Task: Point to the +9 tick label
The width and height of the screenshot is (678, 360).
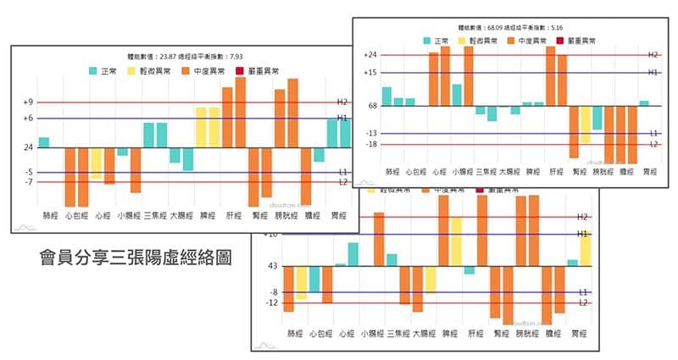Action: [x=28, y=102]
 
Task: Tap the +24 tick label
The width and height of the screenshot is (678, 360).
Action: [x=370, y=55]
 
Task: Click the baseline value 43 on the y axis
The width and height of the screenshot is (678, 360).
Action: [x=272, y=266]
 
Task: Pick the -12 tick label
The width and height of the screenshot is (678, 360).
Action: [x=272, y=302]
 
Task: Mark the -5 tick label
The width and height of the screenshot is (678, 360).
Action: [x=29, y=172]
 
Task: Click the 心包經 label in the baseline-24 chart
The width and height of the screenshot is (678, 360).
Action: [x=76, y=215]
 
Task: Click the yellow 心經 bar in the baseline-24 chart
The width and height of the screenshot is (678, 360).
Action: [x=97, y=163]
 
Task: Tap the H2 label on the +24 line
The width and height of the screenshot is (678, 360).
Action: [x=652, y=55]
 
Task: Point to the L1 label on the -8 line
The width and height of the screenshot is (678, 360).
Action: [x=583, y=292]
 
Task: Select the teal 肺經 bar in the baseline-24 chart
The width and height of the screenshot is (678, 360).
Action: [x=44, y=142]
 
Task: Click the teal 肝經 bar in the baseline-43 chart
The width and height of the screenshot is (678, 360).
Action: [x=469, y=270]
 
